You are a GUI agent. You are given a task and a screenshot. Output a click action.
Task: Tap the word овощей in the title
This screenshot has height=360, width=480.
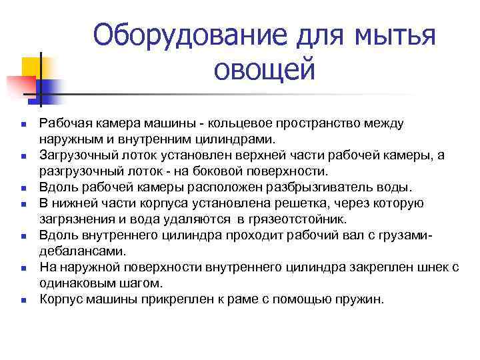[265, 70]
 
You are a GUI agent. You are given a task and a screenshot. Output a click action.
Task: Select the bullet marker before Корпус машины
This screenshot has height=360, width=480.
[23, 300]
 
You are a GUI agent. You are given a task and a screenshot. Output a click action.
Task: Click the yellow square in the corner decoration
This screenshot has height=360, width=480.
[31, 67]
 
